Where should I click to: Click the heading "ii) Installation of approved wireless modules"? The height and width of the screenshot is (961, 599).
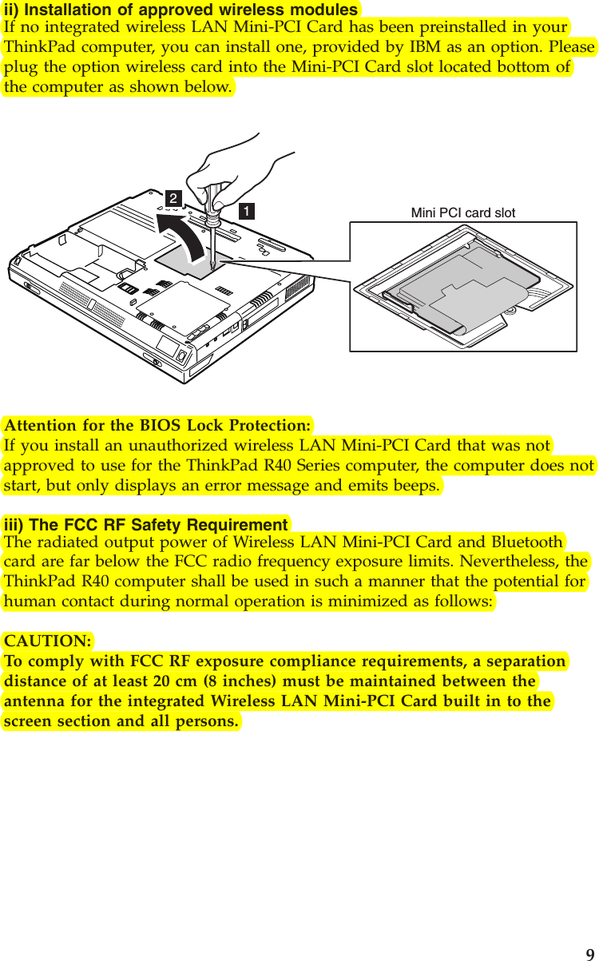coord(181,10)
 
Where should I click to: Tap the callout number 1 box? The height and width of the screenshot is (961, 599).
coord(248,211)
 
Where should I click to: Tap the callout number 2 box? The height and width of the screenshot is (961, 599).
coord(173,197)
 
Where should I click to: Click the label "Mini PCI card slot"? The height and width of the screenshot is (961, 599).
coord(462,212)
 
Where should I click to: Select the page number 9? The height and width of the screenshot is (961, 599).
coord(589,954)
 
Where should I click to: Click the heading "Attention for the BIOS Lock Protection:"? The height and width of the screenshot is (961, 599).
coord(157,424)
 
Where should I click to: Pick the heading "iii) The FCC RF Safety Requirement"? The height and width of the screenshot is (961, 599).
coord(146,525)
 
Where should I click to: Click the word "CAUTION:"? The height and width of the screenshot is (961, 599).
coord(48,641)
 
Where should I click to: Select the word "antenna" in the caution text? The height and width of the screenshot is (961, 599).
coord(34,701)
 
